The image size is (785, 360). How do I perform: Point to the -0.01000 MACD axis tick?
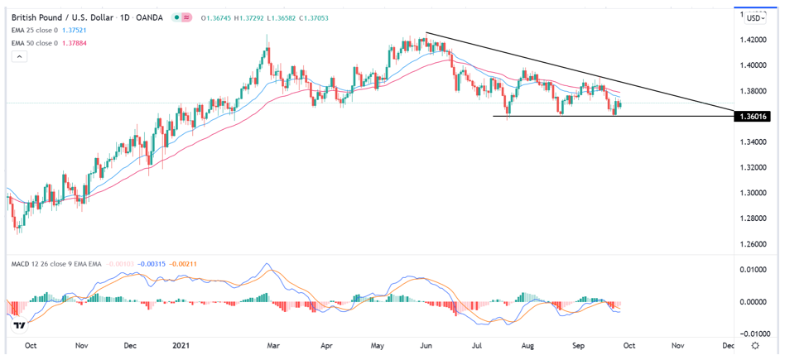(756, 334)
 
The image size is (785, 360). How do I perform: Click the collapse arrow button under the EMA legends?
(20, 56)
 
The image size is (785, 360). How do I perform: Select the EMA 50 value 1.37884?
(81, 42)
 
